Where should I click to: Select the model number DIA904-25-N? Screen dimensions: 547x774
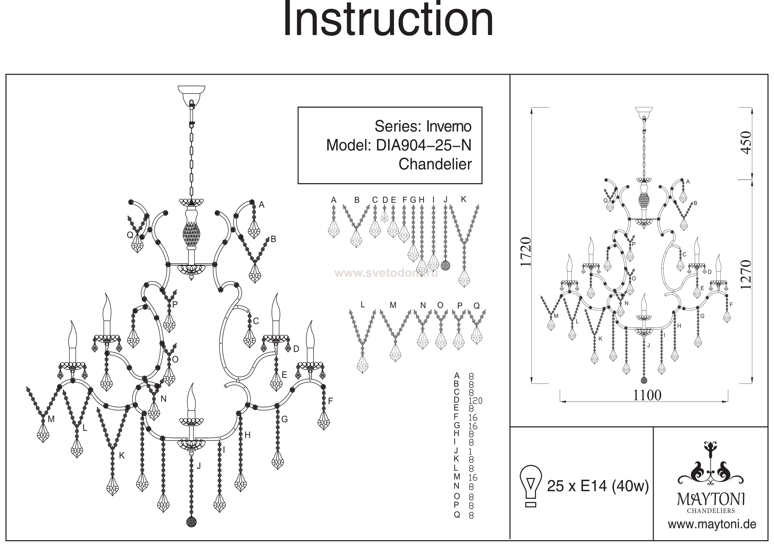424,145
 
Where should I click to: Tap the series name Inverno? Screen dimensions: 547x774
449,126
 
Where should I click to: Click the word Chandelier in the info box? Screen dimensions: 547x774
435,164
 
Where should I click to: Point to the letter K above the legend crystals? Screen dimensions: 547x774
464,199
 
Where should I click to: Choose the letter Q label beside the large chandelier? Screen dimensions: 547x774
130,235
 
